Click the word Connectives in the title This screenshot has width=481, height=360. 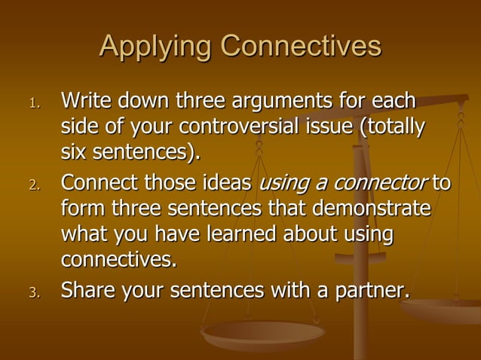click(301, 47)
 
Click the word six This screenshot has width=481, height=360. click(73, 154)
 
